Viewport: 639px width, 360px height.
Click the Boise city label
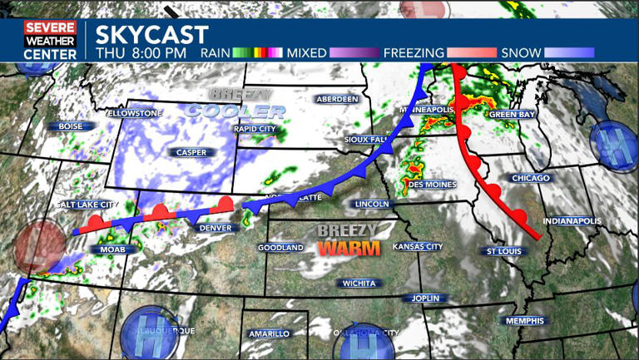(71, 126)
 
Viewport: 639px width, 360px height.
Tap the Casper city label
(191, 152)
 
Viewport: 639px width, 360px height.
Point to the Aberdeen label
(337, 99)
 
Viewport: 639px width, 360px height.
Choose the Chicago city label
(531, 178)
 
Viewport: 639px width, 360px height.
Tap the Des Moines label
(433, 185)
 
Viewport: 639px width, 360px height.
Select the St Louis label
(504, 250)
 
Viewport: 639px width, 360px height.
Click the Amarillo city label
(269, 333)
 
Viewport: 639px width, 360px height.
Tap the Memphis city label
(524, 321)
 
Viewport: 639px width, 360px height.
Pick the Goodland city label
(280, 248)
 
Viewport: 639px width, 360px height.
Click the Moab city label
(112, 249)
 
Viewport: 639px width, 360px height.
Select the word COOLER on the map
(230, 111)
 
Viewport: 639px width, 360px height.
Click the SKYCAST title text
(151, 34)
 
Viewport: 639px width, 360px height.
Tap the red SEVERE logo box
(50, 27)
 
